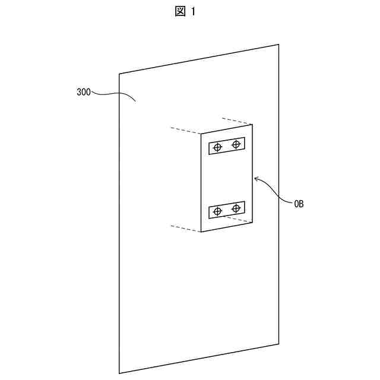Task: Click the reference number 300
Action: click(x=84, y=93)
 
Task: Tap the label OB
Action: click(x=298, y=204)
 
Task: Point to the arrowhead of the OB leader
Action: click(x=255, y=177)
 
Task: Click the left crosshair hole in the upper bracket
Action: click(x=218, y=147)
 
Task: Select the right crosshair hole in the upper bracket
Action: click(x=236, y=144)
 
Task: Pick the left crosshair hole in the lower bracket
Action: click(x=218, y=211)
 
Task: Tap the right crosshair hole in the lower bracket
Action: click(x=236, y=207)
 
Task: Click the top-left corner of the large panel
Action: click(x=119, y=74)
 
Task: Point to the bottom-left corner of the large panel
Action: click(x=119, y=373)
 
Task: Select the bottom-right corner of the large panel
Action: click(x=279, y=343)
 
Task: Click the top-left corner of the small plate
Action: click(x=201, y=134)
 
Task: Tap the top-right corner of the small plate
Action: click(x=252, y=124)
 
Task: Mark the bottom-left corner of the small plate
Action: click(x=201, y=232)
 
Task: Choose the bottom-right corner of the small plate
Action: click(x=252, y=223)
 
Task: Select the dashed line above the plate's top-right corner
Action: click(x=236, y=121)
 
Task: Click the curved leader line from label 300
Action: click(x=113, y=94)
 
